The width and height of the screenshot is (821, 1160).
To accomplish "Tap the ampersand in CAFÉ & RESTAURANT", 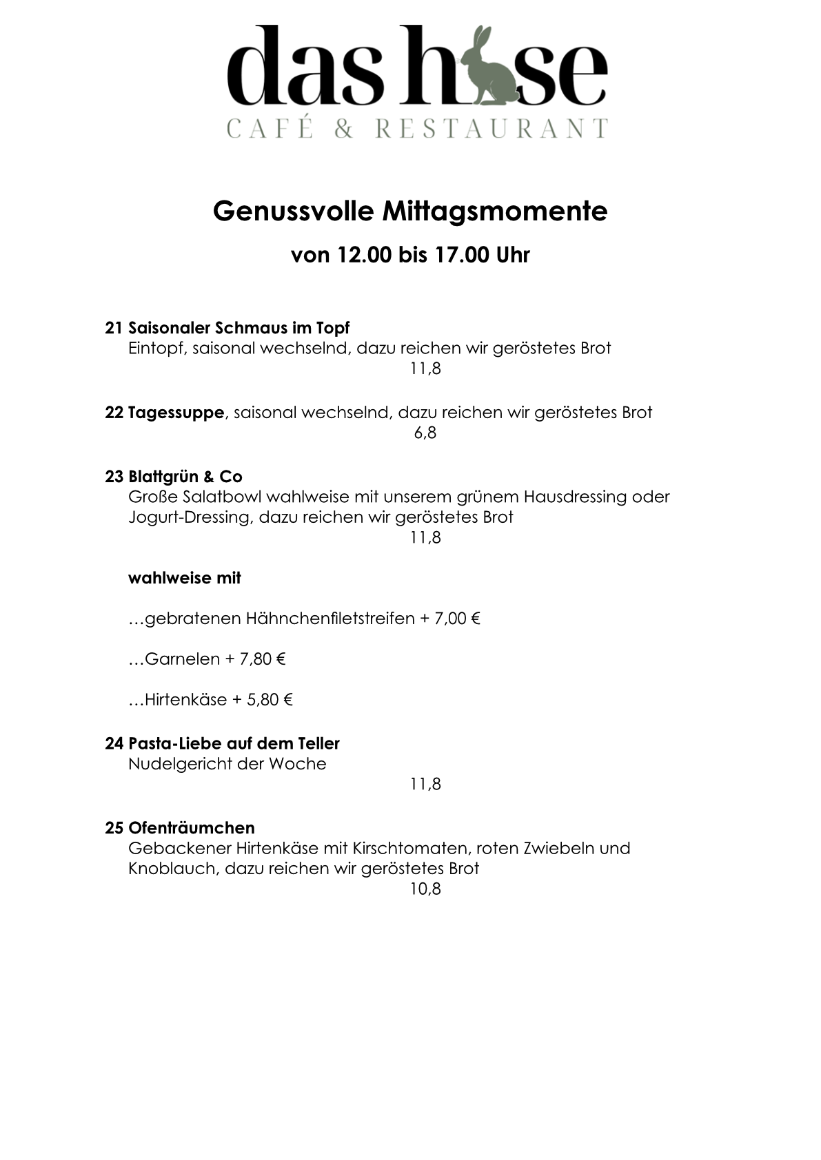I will coord(343,129).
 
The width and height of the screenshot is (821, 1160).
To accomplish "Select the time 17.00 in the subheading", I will coord(460,255).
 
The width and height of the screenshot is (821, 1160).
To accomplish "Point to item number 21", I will coord(114,328).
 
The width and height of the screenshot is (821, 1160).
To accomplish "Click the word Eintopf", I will coord(156,349).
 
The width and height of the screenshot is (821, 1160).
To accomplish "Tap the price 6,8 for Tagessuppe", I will coord(425,433).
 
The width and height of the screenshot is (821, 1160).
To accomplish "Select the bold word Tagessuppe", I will coord(176,413).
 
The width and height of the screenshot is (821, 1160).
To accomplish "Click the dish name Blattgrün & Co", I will coord(185,477).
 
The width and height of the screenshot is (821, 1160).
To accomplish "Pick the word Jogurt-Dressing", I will coord(190,517).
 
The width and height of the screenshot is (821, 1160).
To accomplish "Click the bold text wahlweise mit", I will coord(185,578).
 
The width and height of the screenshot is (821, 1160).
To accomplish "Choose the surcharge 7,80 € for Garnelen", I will coord(263,659).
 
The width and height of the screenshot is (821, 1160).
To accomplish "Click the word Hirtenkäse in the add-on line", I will coord(185,700).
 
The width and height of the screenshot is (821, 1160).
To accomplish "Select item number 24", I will coord(114,744).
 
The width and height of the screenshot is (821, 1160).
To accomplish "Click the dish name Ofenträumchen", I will coord(191,828).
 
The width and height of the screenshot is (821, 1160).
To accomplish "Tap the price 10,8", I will coord(425,889).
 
